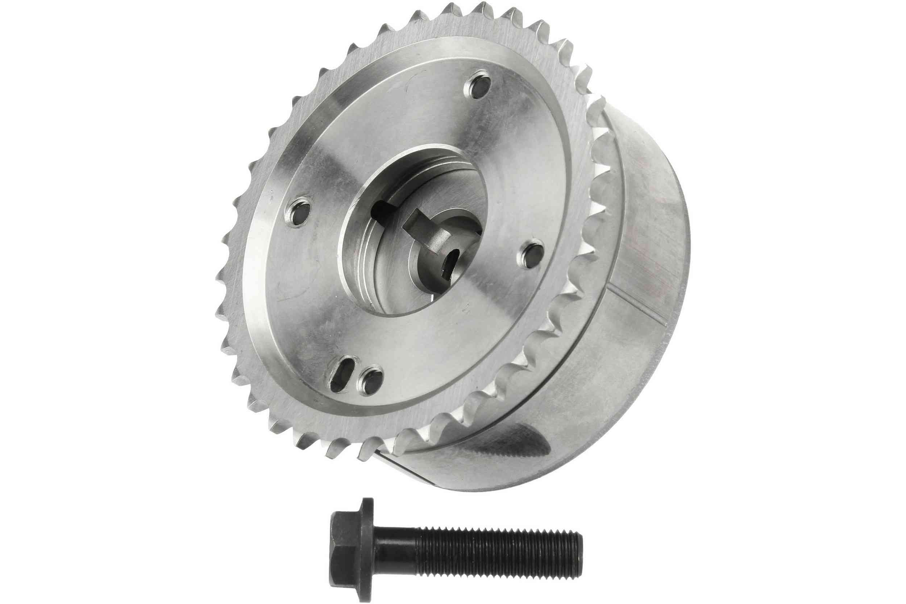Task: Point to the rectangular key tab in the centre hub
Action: (x=421, y=227)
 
